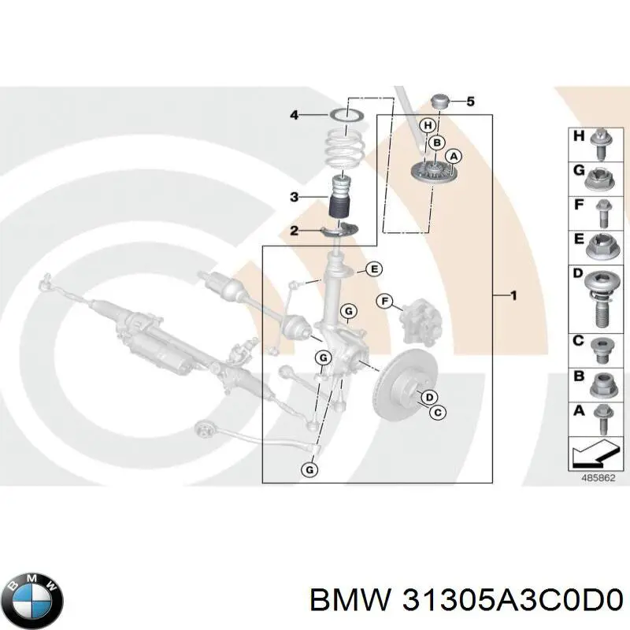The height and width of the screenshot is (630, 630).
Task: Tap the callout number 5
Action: click(471, 101)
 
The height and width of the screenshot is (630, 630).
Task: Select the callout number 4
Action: click(294, 115)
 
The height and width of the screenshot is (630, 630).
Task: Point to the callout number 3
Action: click(294, 197)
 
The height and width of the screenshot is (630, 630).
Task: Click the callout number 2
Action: click(294, 231)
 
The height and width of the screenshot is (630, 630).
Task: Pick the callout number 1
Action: click(513, 296)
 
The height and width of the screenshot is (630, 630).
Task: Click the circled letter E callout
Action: click(374, 269)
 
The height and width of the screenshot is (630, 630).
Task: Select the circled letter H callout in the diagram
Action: click(428, 125)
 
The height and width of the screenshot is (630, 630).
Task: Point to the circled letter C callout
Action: click(438, 410)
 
